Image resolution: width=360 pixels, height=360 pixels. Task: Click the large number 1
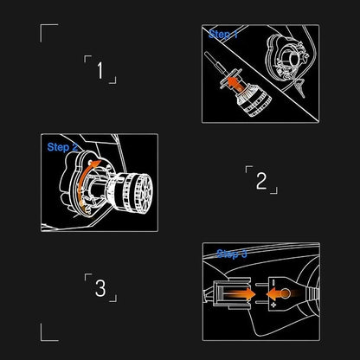tap(100, 70)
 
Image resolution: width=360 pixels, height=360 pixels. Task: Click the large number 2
tap(260, 181)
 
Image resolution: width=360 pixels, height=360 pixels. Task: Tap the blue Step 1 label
tap(224, 35)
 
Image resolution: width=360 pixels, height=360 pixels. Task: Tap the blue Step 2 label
tap(63, 147)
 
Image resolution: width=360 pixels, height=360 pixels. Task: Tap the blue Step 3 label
tap(231, 254)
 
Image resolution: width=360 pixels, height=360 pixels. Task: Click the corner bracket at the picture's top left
tap(48, 31)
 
